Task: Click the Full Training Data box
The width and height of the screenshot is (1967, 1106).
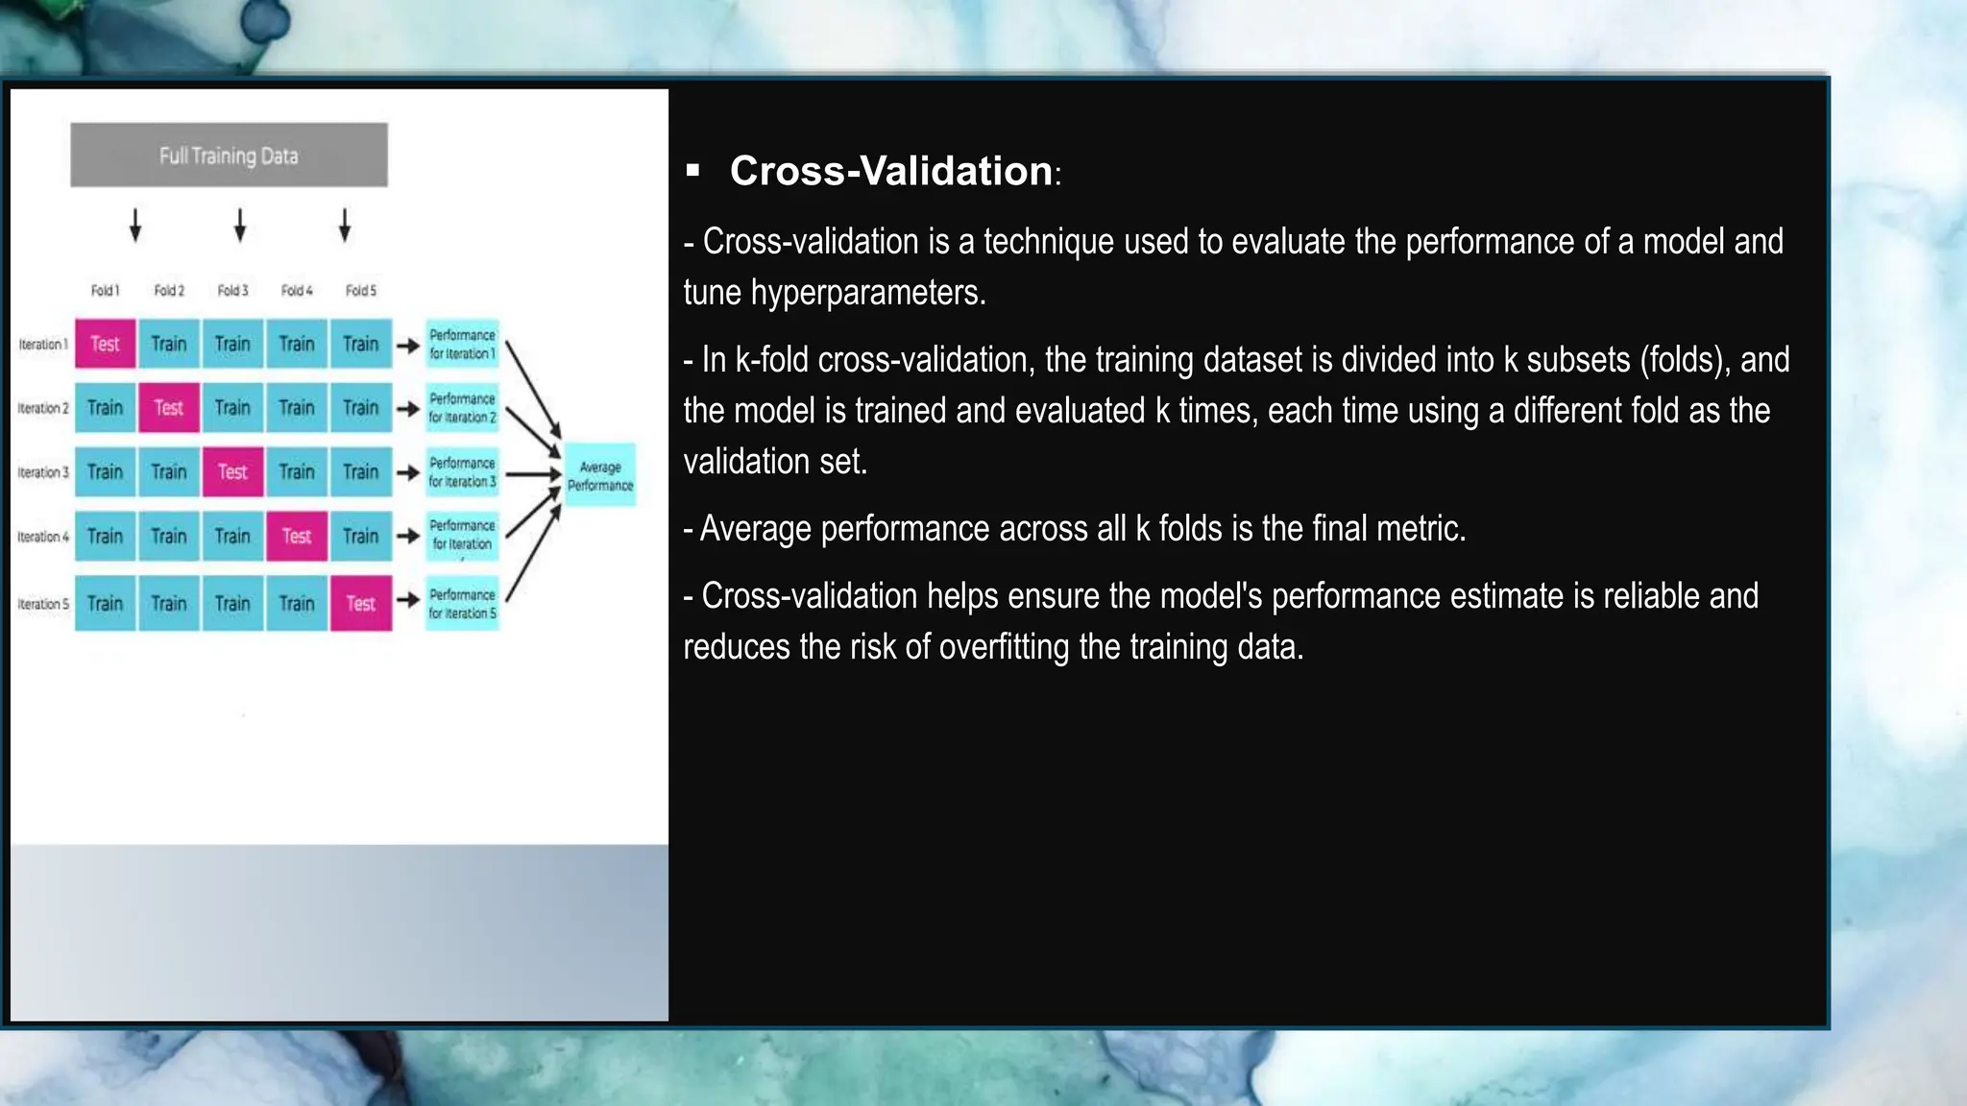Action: [x=229, y=155]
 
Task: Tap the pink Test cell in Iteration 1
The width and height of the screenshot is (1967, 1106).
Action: [x=105, y=344]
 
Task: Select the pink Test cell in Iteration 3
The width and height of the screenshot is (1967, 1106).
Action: [x=232, y=471]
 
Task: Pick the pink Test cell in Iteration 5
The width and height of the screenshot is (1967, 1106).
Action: [x=361, y=603]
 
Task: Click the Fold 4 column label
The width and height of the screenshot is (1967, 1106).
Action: [x=297, y=290]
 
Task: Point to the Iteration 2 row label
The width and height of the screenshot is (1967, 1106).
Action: [x=43, y=408]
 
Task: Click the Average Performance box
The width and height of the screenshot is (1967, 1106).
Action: [x=600, y=475]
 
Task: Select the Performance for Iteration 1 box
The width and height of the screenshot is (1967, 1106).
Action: [x=462, y=344]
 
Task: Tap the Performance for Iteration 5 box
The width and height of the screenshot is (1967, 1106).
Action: [x=462, y=603]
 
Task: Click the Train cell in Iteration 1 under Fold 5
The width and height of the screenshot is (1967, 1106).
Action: [x=361, y=344]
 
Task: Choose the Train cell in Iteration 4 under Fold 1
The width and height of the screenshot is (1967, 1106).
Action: [x=105, y=536]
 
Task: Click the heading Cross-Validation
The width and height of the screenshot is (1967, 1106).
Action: [x=890, y=171]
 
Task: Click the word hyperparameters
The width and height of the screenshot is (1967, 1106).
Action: [x=867, y=292]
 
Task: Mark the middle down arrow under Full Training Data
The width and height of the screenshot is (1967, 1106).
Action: [x=240, y=226]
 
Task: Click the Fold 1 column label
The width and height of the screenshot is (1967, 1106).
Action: [x=105, y=290]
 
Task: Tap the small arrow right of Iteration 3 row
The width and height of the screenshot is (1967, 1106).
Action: [x=408, y=472]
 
